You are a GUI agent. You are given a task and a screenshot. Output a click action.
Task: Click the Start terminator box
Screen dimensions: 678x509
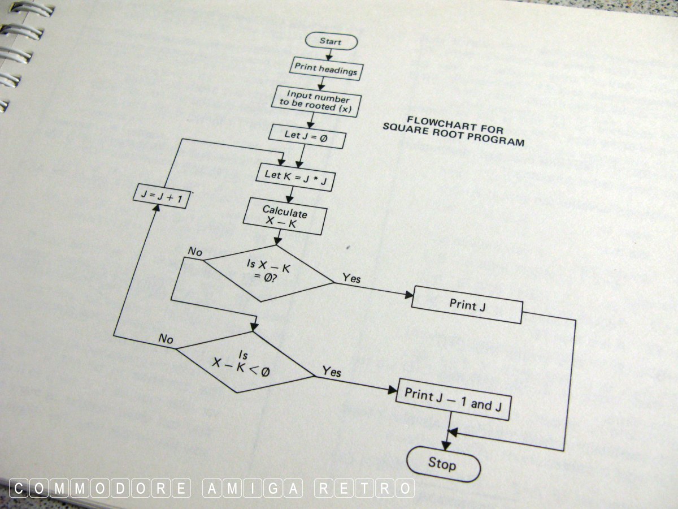point(331,41)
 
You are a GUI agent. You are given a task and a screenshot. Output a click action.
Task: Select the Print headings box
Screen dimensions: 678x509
point(326,69)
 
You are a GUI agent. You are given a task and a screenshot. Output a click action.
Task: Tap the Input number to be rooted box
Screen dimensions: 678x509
point(316,101)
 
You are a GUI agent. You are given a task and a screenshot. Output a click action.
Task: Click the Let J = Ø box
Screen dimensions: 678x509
point(307,136)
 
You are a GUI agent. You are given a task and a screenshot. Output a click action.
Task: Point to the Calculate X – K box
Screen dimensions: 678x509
point(285,217)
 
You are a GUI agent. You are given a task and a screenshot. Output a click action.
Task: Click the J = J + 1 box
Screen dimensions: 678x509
point(161,196)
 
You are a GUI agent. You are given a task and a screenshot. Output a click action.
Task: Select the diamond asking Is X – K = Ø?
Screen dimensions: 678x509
point(268,273)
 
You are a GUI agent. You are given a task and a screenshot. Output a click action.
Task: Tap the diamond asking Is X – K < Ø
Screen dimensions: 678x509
point(245,362)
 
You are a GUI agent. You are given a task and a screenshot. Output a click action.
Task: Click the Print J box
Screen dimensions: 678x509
point(467,305)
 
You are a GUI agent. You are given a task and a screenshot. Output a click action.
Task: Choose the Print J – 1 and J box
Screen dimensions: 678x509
point(453,399)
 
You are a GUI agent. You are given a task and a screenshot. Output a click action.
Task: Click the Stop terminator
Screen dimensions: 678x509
point(444,464)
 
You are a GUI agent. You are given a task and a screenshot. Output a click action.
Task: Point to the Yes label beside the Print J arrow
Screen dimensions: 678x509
point(351,278)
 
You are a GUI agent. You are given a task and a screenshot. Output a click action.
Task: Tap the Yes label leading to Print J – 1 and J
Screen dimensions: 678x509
point(332,371)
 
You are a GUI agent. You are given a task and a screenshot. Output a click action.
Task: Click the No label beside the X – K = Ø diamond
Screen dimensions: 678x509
point(195,252)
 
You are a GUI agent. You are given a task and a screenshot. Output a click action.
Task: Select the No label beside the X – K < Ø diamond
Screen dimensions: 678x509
point(166,339)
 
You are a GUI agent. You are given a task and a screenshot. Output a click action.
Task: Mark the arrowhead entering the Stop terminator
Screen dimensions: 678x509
point(446,445)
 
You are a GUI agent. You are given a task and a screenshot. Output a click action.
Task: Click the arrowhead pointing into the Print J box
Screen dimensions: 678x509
point(409,295)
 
